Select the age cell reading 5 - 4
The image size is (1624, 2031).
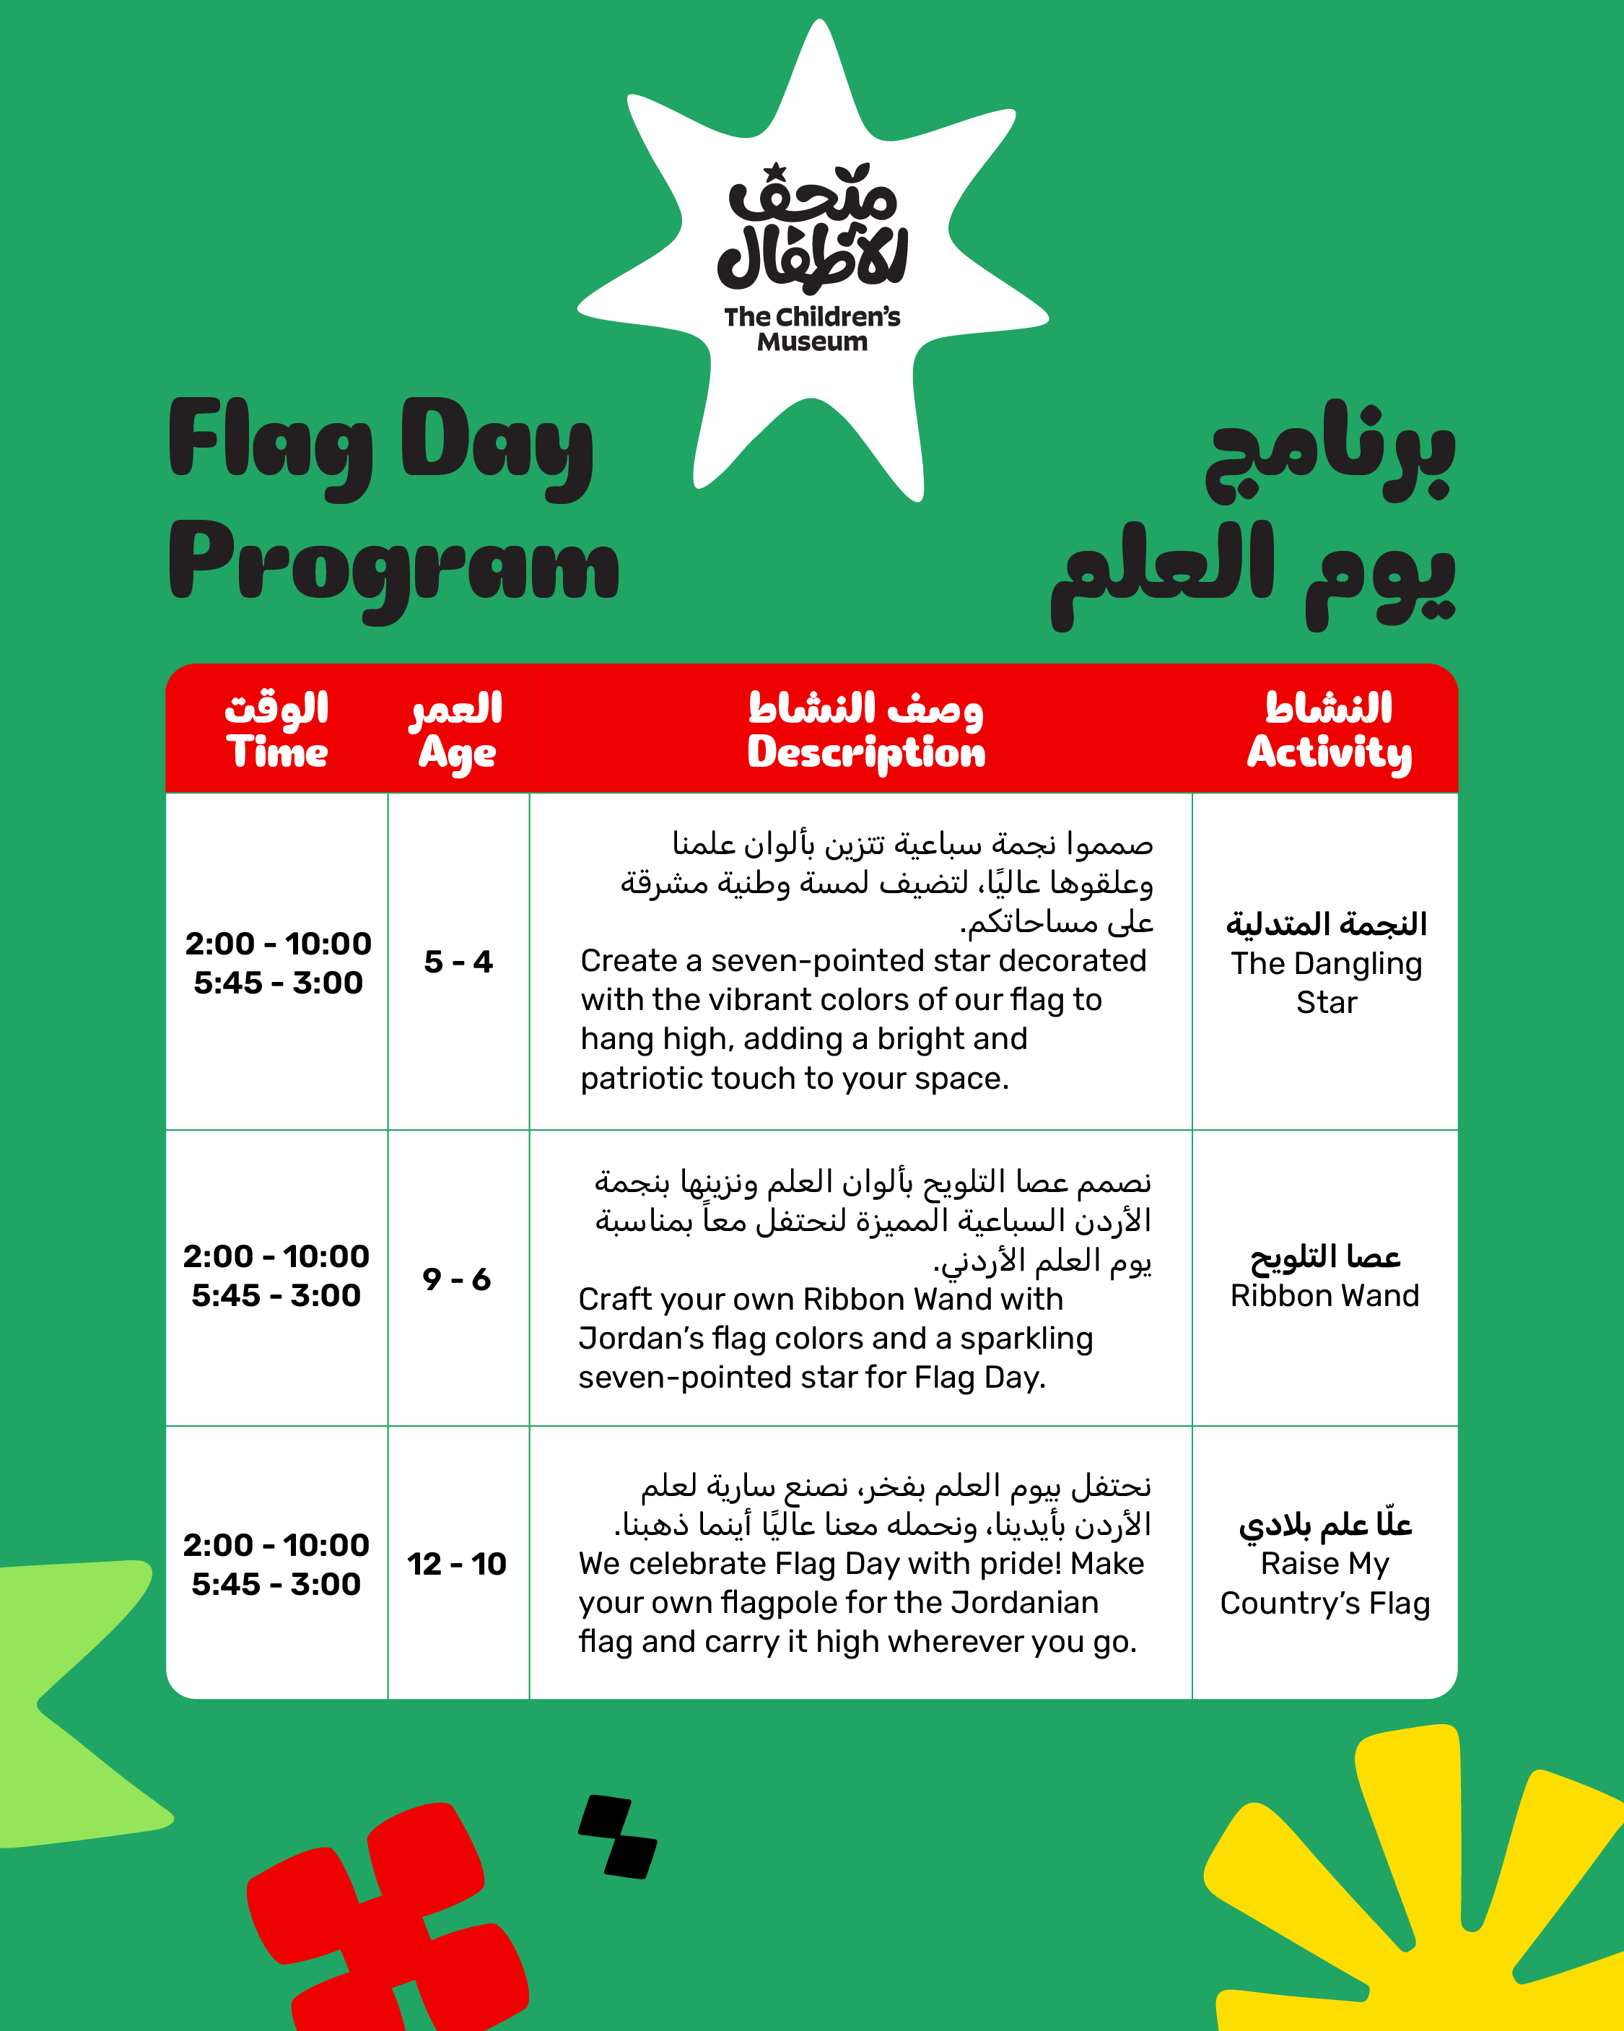458,961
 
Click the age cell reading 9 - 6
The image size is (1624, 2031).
457,1279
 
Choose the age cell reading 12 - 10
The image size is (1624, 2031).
457,1564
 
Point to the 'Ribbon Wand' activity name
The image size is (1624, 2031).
1324,1295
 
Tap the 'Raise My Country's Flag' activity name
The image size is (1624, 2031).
1324,1583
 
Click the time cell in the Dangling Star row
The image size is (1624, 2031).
278,962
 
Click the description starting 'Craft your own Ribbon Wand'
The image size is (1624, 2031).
837,1338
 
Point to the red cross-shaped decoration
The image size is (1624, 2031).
386,1922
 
